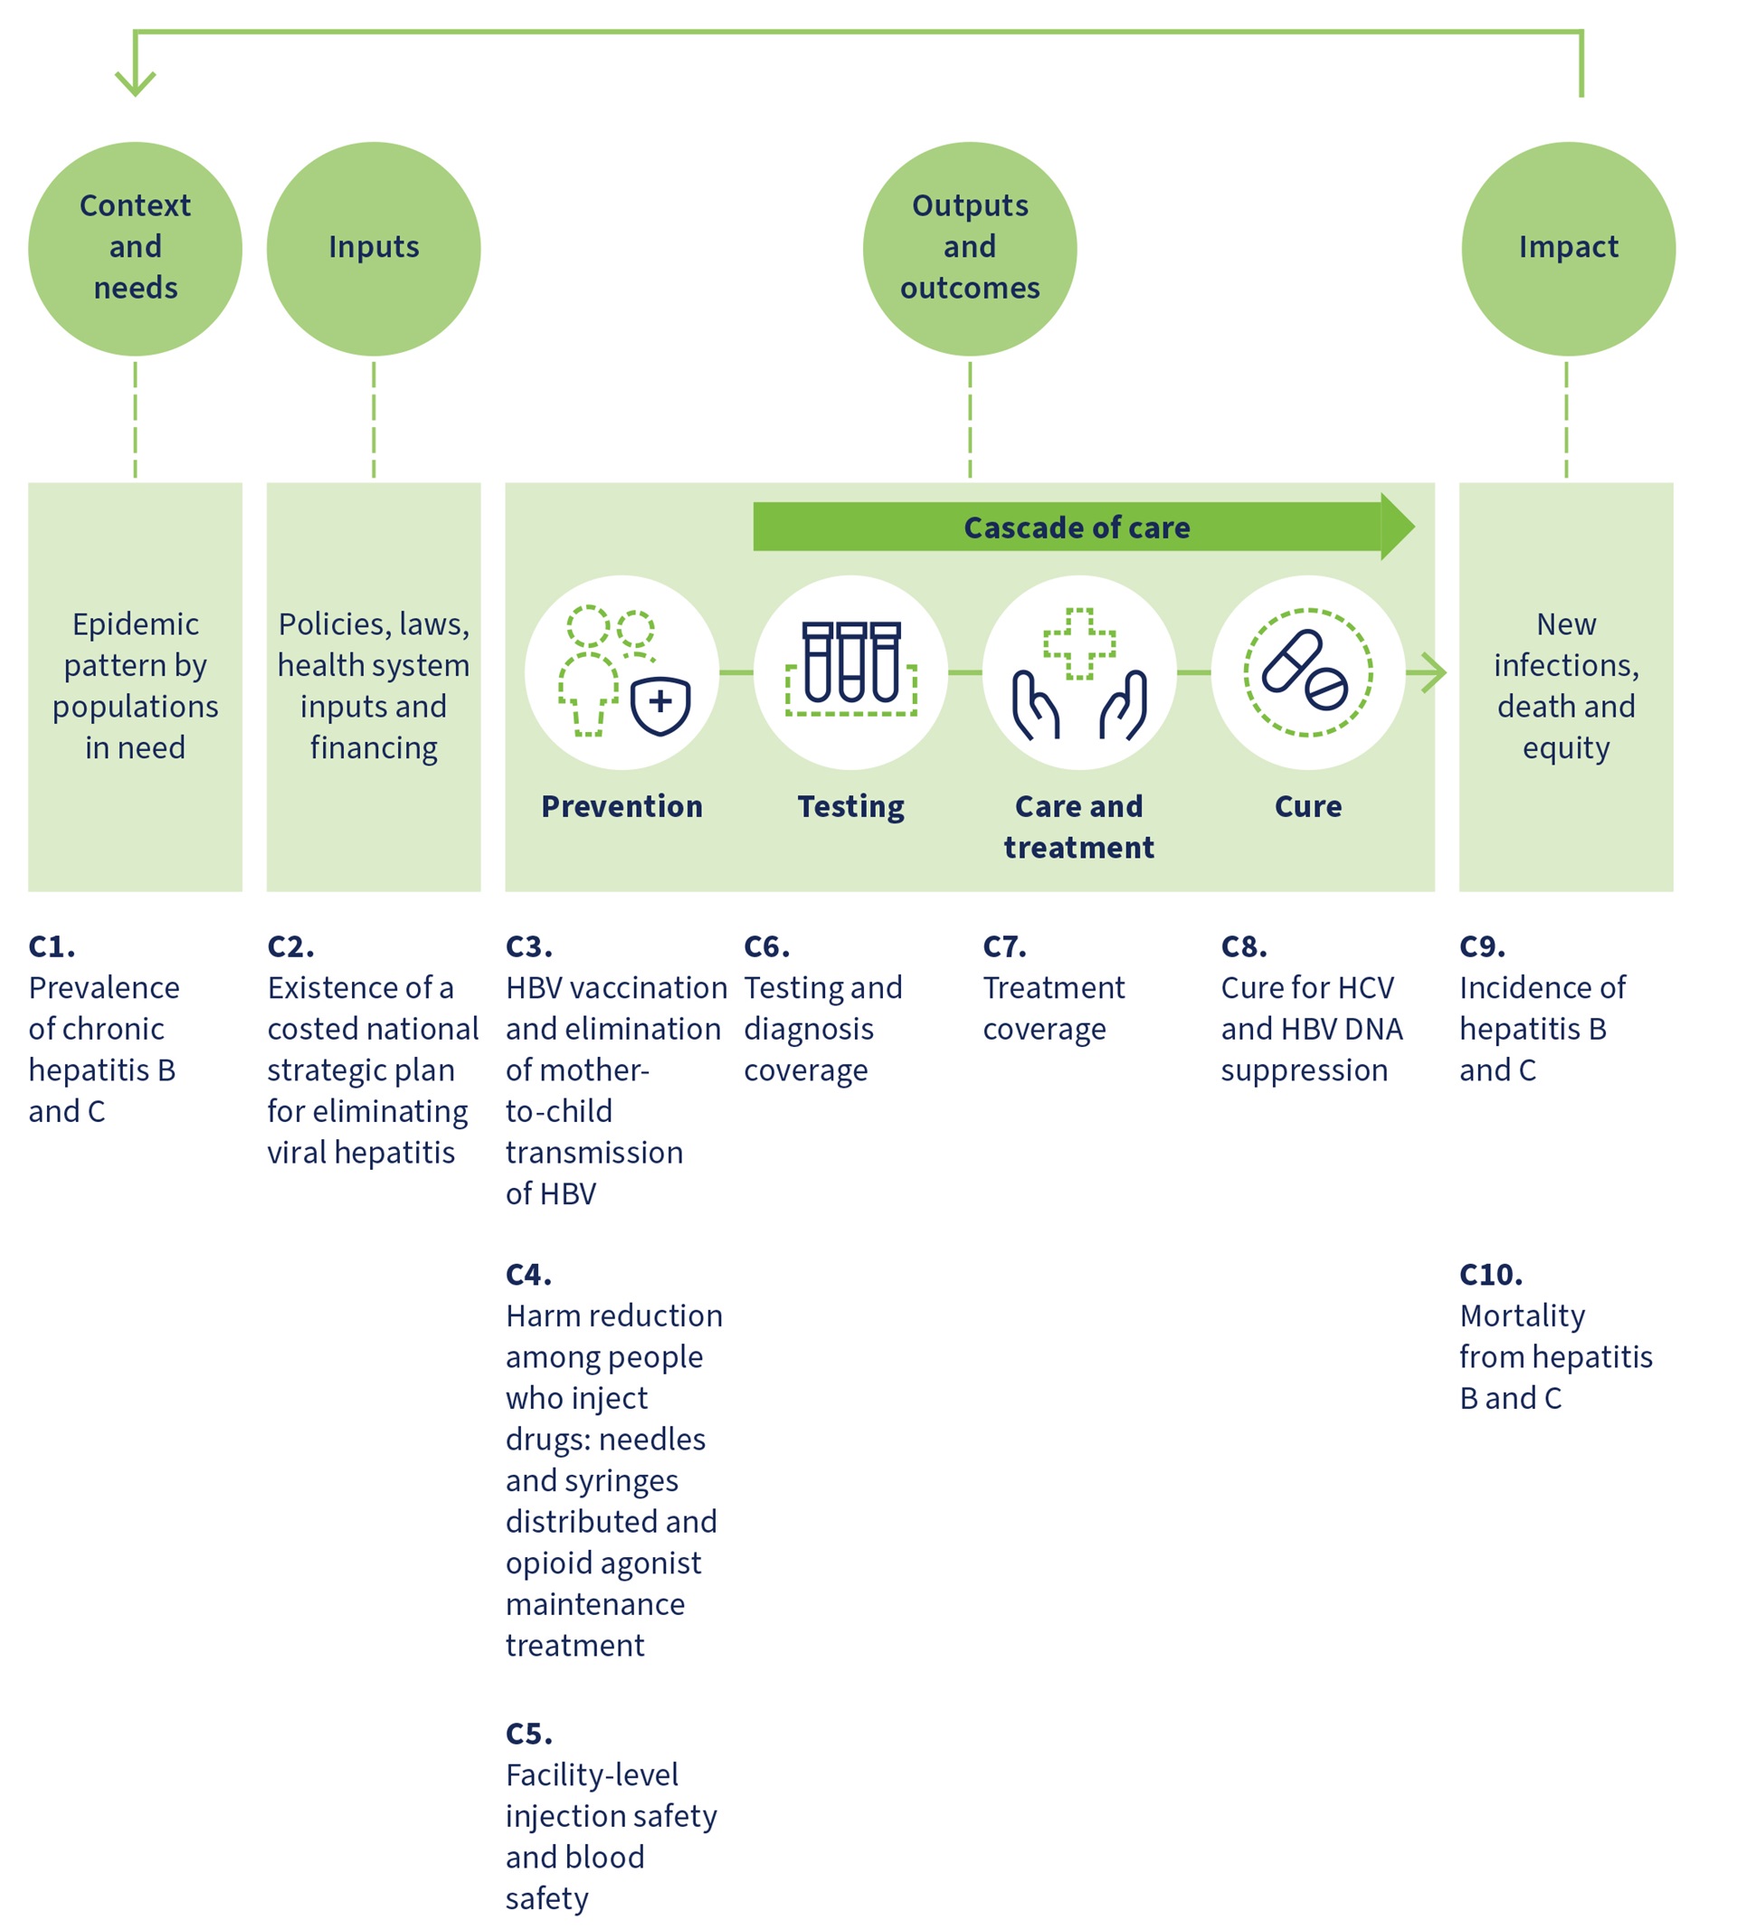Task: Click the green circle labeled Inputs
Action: click(373, 249)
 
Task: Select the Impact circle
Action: click(1567, 249)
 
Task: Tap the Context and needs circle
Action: click(135, 249)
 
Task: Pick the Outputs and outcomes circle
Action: click(970, 249)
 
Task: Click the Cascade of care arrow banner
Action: click(1077, 527)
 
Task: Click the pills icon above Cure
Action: click(1307, 672)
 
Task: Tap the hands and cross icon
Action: click(1078, 674)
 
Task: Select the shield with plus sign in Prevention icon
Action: click(660, 705)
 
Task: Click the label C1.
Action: click(52, 946)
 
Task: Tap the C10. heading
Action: click(1491, 1274)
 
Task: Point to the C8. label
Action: click(1244, 946)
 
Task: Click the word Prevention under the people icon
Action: click(622, 806)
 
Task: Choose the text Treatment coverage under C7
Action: click(1054, 1008)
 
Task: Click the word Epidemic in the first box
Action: click(136, 624)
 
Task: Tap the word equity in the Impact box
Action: click(1565, 747)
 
